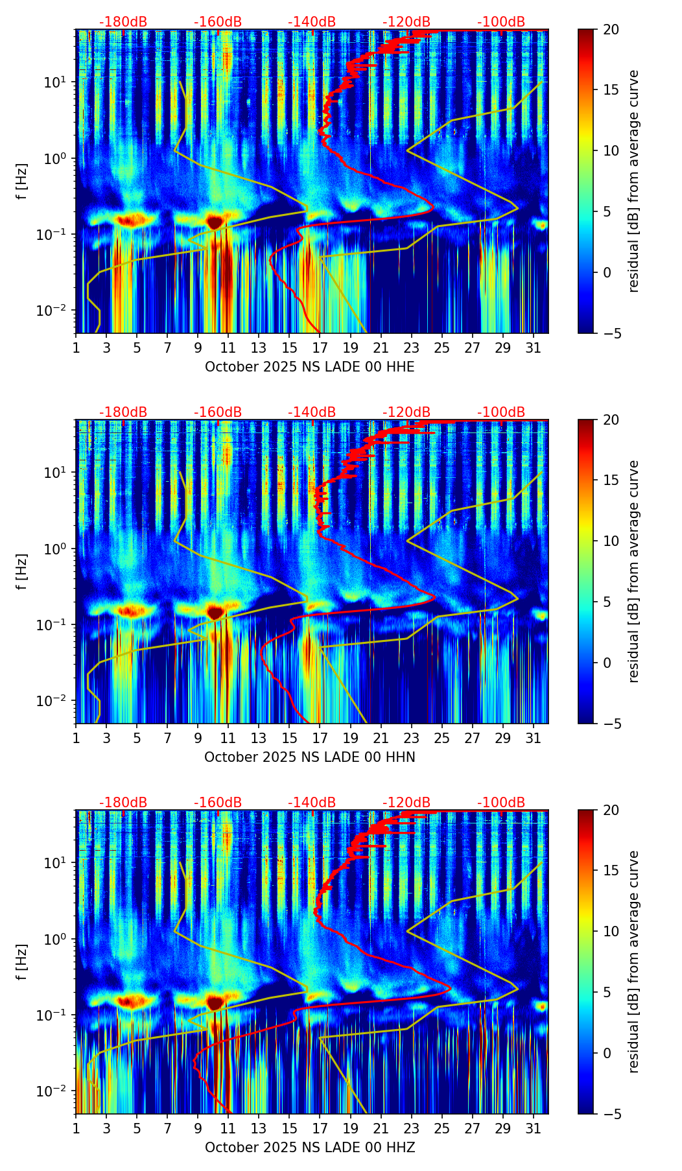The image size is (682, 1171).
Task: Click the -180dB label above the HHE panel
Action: pyautogui.click(x=123, y=22)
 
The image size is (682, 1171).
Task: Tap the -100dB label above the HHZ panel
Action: pyautogui.click(x=501, y=803)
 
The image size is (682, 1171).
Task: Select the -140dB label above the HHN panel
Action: pyautogui.click(x=312, y=412)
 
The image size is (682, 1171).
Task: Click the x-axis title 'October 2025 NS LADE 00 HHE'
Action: pyautogui.click(x=309, y=367)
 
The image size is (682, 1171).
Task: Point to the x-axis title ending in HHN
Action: pyautogui.click(x=309, y=757)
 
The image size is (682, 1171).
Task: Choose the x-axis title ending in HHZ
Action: pyautogui.click(x=309, y=1148)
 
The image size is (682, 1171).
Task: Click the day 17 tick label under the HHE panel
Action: pyautogui.click(x=320, y=348)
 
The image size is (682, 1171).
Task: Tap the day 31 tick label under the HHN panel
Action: pyautogui.click(x=533, y=738)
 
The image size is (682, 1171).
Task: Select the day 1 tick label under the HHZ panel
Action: pyautogui.click(x=76, y=1128)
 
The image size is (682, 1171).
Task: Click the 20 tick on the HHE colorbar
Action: pyautogui.click(x=611, y=30)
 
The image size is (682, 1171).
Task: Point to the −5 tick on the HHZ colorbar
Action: pyautogui.click(x=611, y=1114)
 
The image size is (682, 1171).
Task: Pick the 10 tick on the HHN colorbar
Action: pyautogui.click(x=611, y=541)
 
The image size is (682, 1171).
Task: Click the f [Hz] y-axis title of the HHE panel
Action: pyautogui.click(x=22, y=182)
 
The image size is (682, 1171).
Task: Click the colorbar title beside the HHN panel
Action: pyautogui.click(x=634, y=571)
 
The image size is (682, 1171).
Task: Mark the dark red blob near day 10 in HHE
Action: pyautogui.click(x=215, y=222)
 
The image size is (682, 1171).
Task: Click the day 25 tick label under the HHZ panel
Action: pyautogui.click(x=441, y=1128)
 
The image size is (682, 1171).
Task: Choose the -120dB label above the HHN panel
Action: pyautogui.click(x=406, y=412)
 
